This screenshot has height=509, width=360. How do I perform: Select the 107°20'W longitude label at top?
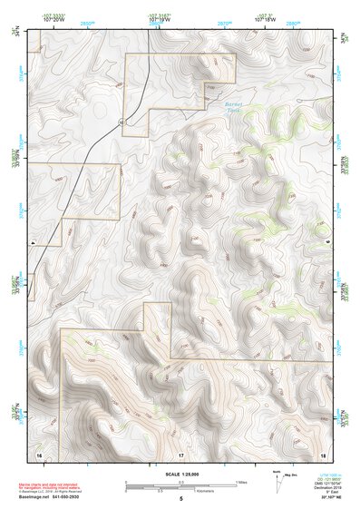point(53,22)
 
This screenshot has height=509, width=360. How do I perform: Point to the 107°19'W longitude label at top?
point(159,22)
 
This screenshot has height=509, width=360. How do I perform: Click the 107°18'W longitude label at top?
point(265,22)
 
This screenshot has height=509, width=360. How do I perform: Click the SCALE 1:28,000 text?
point(181,474)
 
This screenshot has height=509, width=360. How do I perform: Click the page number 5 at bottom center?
point(181,499)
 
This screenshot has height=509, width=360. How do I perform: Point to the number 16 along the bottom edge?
point(39,453)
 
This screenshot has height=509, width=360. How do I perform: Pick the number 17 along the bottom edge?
point(180,453)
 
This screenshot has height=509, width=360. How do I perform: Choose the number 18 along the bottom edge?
point(323,453)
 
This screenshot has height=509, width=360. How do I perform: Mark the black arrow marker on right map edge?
point(327,243)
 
